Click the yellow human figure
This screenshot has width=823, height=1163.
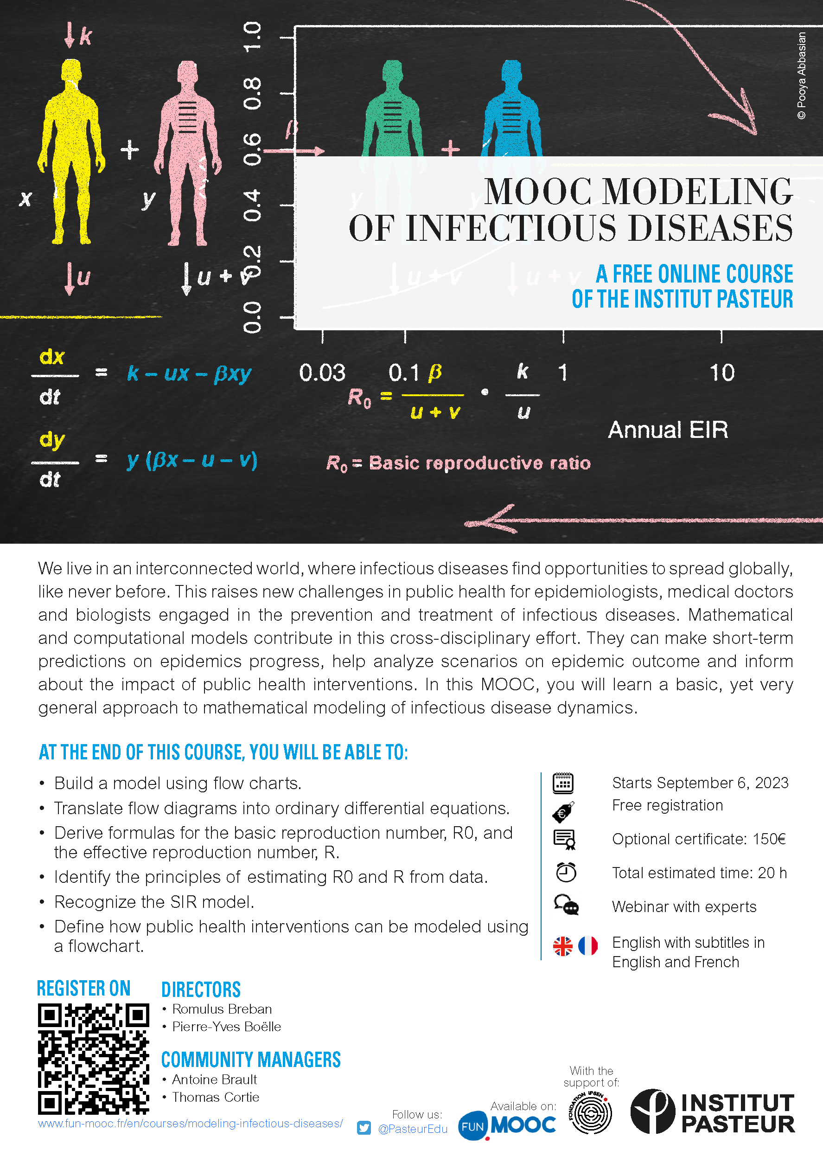pyautogui.click(x=71, y=152)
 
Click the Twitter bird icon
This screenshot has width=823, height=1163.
pyautogui.click(x=364, y=1128)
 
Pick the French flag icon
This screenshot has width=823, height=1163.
pyautogui.click(x=588, y=945)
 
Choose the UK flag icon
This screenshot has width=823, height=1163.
pyautogui.click(x=562, y=945)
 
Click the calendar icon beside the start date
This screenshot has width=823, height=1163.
pyautogui.click(x=562, y=783)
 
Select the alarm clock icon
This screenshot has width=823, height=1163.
pyautogui.click(x=566, y=872)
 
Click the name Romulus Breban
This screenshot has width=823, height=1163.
pyautogui.click(x=222, y=1009)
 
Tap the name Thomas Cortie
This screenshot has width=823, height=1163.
pyautogui.click(x=216, y=1097)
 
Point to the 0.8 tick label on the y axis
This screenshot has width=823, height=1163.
pyautogui.click(x=252, y=94)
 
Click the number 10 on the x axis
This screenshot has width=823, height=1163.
pyautogui.click(x=721, y=373)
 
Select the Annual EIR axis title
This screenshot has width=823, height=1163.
pyautogui.click(x=668, y=430)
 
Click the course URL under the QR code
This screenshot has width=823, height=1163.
pyautogui.click(x=190, y=1123)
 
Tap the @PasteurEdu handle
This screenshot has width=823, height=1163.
pyautogui.click(x=413, y=1129)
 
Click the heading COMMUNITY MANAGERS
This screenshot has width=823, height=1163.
pyautogui.click(x=251, y=1060)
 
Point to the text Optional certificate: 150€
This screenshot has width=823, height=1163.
pyautogui.click(x=698, y=839)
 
